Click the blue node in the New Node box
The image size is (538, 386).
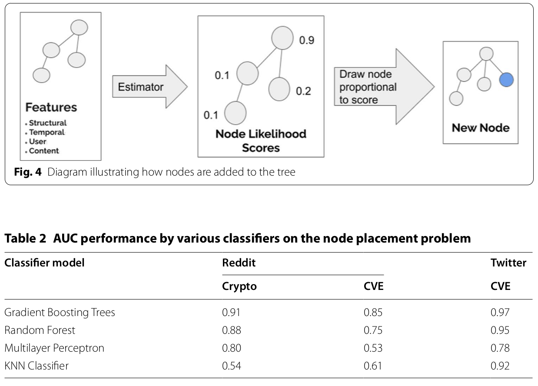coord(506,80)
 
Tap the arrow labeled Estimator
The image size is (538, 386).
coord(150,87)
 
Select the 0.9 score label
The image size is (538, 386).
coord(306,40)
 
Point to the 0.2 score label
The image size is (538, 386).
coord(303,91)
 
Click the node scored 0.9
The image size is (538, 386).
coord(282,38)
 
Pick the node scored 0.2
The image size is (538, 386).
coord(279,89)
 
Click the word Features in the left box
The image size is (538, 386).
coord(51,107)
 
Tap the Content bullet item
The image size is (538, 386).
coord(42,151)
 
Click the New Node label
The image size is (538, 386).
coord(481,128)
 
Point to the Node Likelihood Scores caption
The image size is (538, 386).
coord(261,141)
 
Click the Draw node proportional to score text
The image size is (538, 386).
coord(368,87)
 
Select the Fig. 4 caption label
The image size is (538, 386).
coord(28,172)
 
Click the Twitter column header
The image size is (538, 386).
coord(508,263)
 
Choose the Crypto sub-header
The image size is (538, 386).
coord(239,286)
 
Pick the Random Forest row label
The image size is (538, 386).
coord(40,330)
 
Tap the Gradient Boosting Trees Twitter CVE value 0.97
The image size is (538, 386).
coord(500,312)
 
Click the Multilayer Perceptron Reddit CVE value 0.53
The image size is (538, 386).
coord(373,348)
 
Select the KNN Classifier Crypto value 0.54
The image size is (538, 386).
coord(231,366)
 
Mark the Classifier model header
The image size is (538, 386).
coord(44,263)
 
